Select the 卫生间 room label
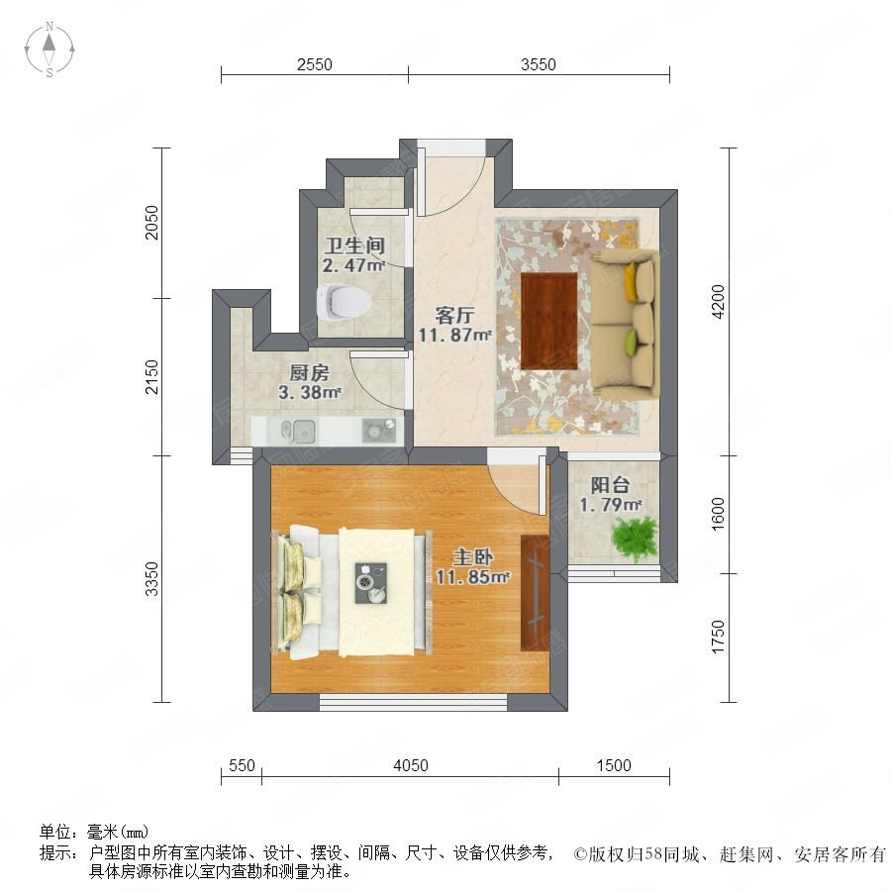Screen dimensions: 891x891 [353, 246]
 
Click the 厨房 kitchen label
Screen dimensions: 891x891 [310, 373]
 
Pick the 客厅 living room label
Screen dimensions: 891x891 [454, 316]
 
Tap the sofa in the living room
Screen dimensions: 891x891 [627, 318]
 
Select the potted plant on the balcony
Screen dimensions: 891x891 [634, 538]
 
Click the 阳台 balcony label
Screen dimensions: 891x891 [610, 485]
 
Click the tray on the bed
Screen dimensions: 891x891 [373, 582]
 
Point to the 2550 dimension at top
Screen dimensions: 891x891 [314, 65]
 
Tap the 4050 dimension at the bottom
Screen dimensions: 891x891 [410, 765]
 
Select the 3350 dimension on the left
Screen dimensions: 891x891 [151, 579]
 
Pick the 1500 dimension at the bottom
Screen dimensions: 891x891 [614, 765]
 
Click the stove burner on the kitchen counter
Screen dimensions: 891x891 [377, 431]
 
